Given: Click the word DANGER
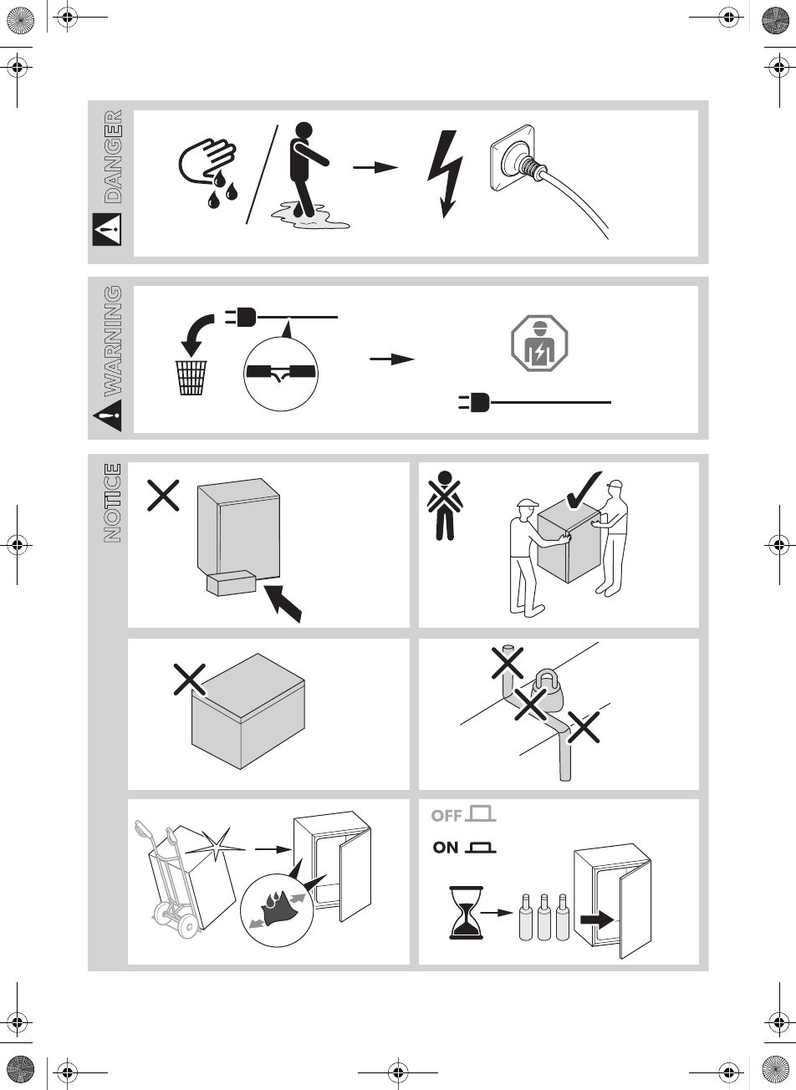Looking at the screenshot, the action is coord(112,156).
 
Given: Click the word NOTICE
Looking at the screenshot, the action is coord(112,503).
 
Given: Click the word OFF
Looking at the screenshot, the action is coord(447,816).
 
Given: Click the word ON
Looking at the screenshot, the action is coord(446,848).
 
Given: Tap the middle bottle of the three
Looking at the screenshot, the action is coord(544,919).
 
